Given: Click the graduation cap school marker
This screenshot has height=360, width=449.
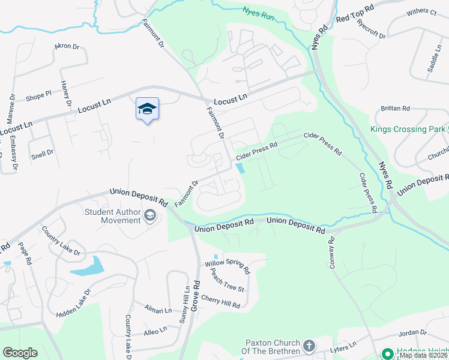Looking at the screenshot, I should coord(147,109).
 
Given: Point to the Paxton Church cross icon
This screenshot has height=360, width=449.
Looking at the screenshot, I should coord(309,346).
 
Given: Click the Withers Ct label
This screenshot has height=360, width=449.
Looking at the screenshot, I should coord(421,11).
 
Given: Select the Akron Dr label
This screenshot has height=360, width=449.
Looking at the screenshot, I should coord(66,46).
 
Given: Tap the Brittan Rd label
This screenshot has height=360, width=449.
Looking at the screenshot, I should coord(395,109).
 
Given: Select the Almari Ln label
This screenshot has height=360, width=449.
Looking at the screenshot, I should coord(158,310).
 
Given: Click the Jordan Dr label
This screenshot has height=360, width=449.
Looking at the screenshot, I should coord(412,332).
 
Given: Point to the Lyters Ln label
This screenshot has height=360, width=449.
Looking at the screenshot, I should coord(344,346).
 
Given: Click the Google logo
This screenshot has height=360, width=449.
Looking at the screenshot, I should coord(20,353).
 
